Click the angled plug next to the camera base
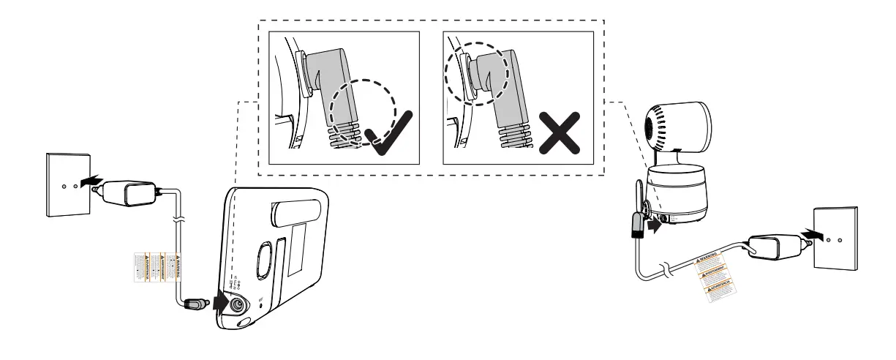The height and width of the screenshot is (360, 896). [x=635, y=223]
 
